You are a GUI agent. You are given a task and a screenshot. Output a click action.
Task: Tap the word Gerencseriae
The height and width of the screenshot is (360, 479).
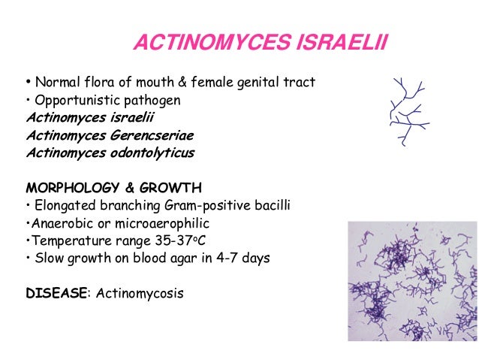point(153,136)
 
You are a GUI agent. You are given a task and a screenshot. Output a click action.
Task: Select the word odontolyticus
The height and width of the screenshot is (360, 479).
point(153,153)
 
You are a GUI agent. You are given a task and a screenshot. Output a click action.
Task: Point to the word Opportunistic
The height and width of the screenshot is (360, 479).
point(73,101)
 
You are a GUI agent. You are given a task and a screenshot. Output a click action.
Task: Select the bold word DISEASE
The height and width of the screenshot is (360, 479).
point(56,294)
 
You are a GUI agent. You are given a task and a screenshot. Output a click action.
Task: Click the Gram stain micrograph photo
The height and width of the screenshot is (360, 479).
point(411,282)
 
